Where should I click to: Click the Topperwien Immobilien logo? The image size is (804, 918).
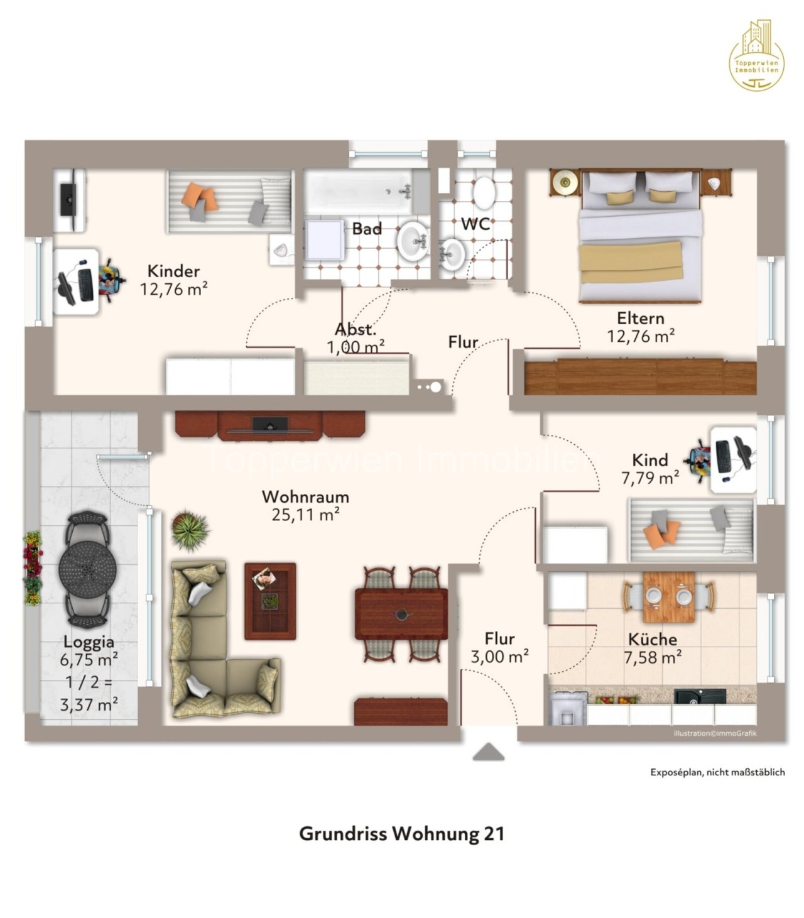tap(756, 55)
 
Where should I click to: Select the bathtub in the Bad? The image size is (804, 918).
tap(359, 191)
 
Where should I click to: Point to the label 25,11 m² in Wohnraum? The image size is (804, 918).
tap(306, 515)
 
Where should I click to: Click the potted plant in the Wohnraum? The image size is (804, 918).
tap(189, 529)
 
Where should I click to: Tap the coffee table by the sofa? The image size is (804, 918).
tap(270, 601)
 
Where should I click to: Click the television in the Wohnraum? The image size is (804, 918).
tap(270, 425)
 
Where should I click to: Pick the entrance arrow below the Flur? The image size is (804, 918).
tap(489, 752)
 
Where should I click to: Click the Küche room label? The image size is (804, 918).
tap(653, 640)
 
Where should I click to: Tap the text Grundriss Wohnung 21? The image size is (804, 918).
tap(401, 834)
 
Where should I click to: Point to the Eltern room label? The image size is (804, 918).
tap(640, 318)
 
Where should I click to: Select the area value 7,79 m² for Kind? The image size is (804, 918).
tap(650, 478)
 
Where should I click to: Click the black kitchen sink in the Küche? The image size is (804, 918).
tap(700, 696)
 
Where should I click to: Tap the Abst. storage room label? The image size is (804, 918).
tap(356, 329)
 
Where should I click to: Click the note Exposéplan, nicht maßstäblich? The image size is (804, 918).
tap(717, 772)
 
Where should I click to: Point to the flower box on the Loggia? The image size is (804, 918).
tap(33, 569)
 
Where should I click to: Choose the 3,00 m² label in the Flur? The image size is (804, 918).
tap(499, 657)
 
